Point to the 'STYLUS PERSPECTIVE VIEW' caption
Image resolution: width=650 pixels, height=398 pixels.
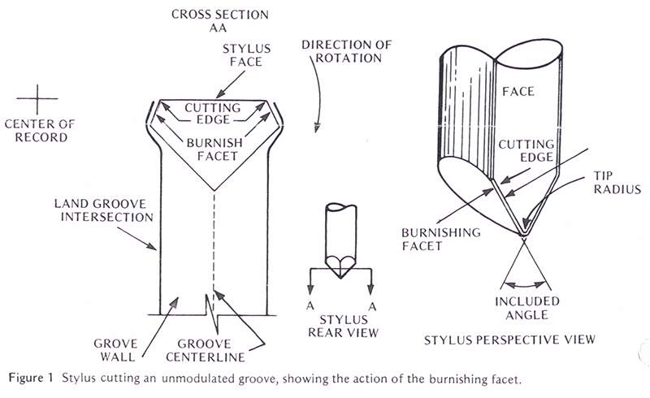point(509,337)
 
